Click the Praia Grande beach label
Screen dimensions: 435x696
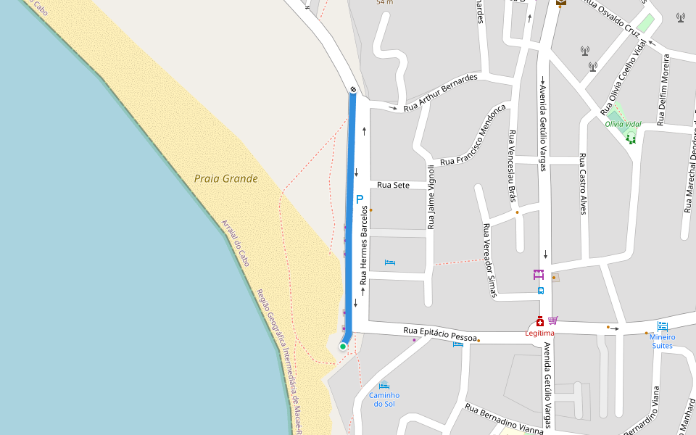pos(225,178)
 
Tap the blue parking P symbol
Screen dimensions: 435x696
pos(359,199)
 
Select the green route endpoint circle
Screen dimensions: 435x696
pos(343,347)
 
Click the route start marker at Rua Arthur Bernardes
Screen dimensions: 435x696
pos(353,90)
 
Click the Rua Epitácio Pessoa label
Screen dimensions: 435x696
pos(439,334)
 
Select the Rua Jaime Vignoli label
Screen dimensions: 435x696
pos(431,197)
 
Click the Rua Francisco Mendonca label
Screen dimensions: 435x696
pos(473,135)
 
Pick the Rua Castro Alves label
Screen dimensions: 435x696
pos(582,184)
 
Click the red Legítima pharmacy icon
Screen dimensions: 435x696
pos(540,321)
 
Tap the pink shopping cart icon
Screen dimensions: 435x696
pos(553,320)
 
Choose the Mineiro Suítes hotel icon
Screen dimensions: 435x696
pos(662,327)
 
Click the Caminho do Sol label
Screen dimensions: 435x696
pos(384,399)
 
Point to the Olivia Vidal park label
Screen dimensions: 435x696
pos(623,124)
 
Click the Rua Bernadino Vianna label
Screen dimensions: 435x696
pos(504,420)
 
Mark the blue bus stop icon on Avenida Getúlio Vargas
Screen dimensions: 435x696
pos(541,291)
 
